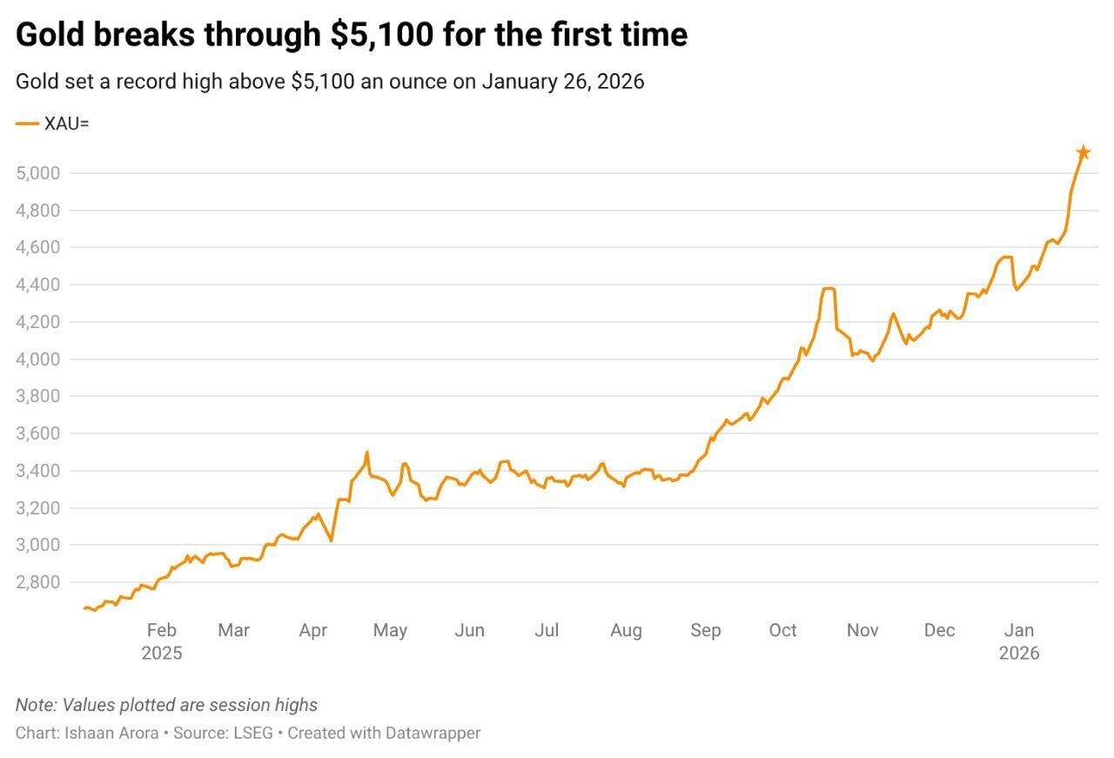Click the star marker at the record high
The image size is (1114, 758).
1083,153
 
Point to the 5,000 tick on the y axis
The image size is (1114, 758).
37,173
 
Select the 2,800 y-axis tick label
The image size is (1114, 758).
37,582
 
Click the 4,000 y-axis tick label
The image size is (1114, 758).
37,359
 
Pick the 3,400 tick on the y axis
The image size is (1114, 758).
37,471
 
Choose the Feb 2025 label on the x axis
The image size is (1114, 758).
162,641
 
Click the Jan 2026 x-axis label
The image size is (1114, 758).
1018,641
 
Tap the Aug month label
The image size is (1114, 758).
626,630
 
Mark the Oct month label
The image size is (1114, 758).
782,630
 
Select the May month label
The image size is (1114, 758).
390,630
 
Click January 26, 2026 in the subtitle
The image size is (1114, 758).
562,82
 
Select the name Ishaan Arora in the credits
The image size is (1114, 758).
111,733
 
